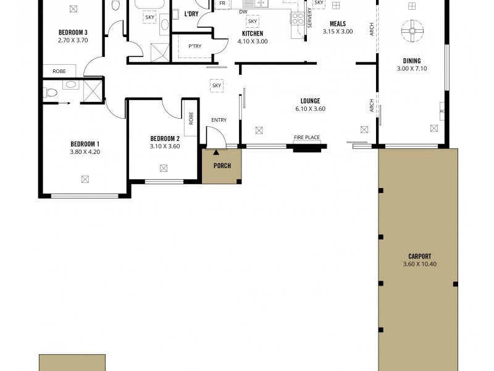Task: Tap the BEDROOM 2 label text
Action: (164, 139)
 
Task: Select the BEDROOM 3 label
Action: (73, 33)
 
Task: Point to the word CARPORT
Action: (419, 256)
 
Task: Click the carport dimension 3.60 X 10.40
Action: (419, 264)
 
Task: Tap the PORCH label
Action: (222, 166)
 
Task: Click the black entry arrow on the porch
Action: (216, 151)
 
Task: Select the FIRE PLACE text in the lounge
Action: (306, 137)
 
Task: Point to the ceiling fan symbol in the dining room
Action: (411, 29)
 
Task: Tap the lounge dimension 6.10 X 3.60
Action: (310, 109)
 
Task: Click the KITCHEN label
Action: (252, 33)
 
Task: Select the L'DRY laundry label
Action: (191, 14)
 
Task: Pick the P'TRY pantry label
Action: (195, 46)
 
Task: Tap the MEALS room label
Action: (338, 23)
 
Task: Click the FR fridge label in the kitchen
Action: (220, 4)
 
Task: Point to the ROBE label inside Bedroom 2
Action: (191, 118)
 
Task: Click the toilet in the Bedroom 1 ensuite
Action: (51, 93)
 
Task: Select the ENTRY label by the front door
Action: (219, 120)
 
